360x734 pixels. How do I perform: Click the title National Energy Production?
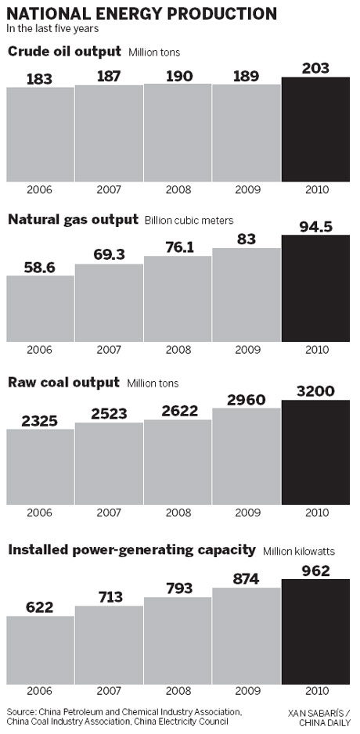[142, 13]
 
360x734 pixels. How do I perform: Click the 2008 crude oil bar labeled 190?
[178, 133]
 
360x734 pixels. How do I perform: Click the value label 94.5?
[315, 227]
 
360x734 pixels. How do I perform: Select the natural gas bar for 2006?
[40, 309]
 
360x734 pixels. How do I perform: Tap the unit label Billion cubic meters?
[189, 220]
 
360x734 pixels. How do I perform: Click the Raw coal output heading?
[63, 383]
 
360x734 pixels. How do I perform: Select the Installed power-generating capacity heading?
[131, 549]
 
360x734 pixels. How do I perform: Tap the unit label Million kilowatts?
[299, 551]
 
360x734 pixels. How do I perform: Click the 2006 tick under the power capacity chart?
[40, 693]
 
